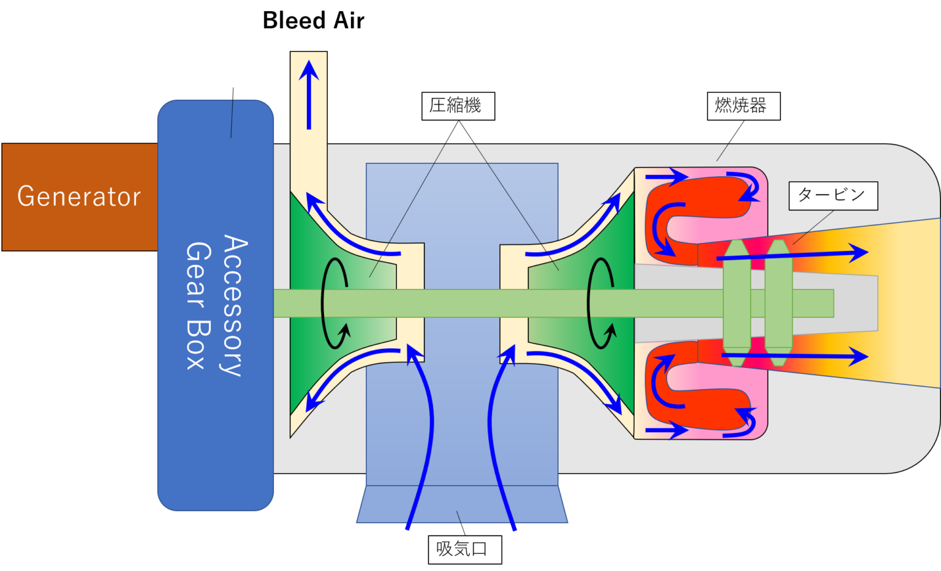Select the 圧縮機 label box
(458, 106)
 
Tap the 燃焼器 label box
(743, 106)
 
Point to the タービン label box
(833, 195)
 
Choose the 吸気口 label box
(464, 549)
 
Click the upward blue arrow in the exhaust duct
(309, 95)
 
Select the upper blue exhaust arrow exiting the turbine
(796, 254)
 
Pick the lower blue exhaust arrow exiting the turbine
(796, 356)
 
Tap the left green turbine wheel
(736, 303)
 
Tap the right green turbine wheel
(778, 303)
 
